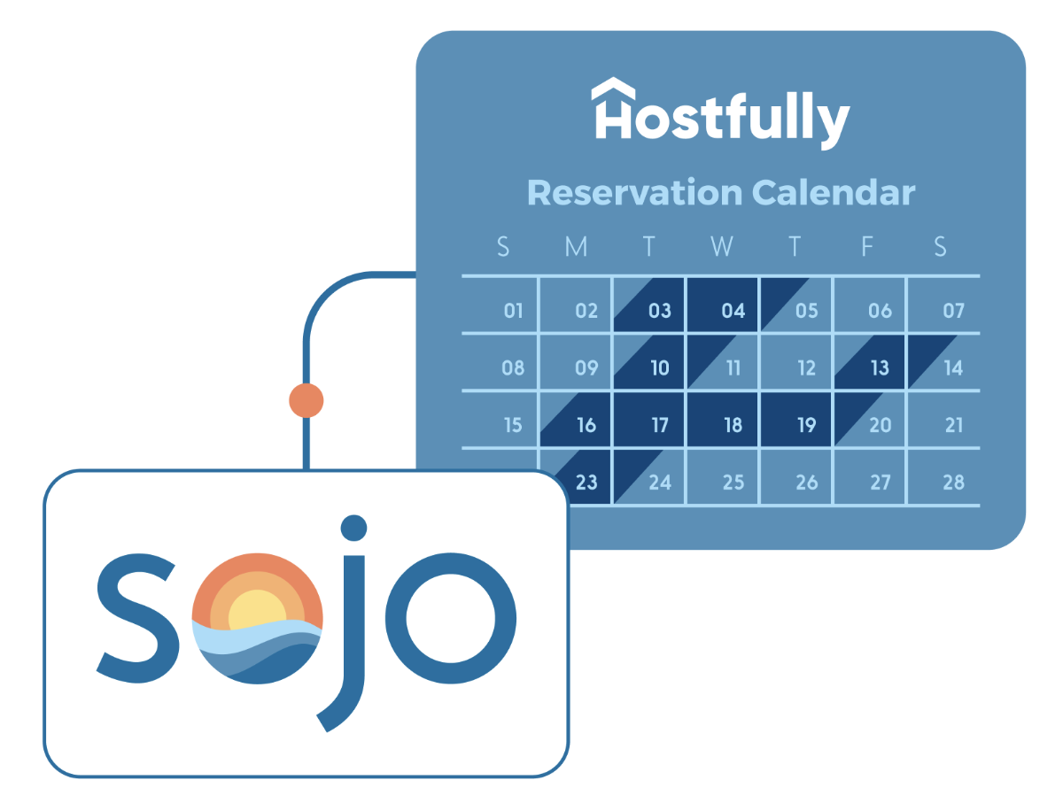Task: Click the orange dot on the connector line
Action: click(306, 400)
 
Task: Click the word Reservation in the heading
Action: click(633, 192)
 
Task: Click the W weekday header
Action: click(722, 247)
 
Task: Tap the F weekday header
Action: click(868, 247)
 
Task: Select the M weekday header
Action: click(576, 247)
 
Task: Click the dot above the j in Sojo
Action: click(353, 528)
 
